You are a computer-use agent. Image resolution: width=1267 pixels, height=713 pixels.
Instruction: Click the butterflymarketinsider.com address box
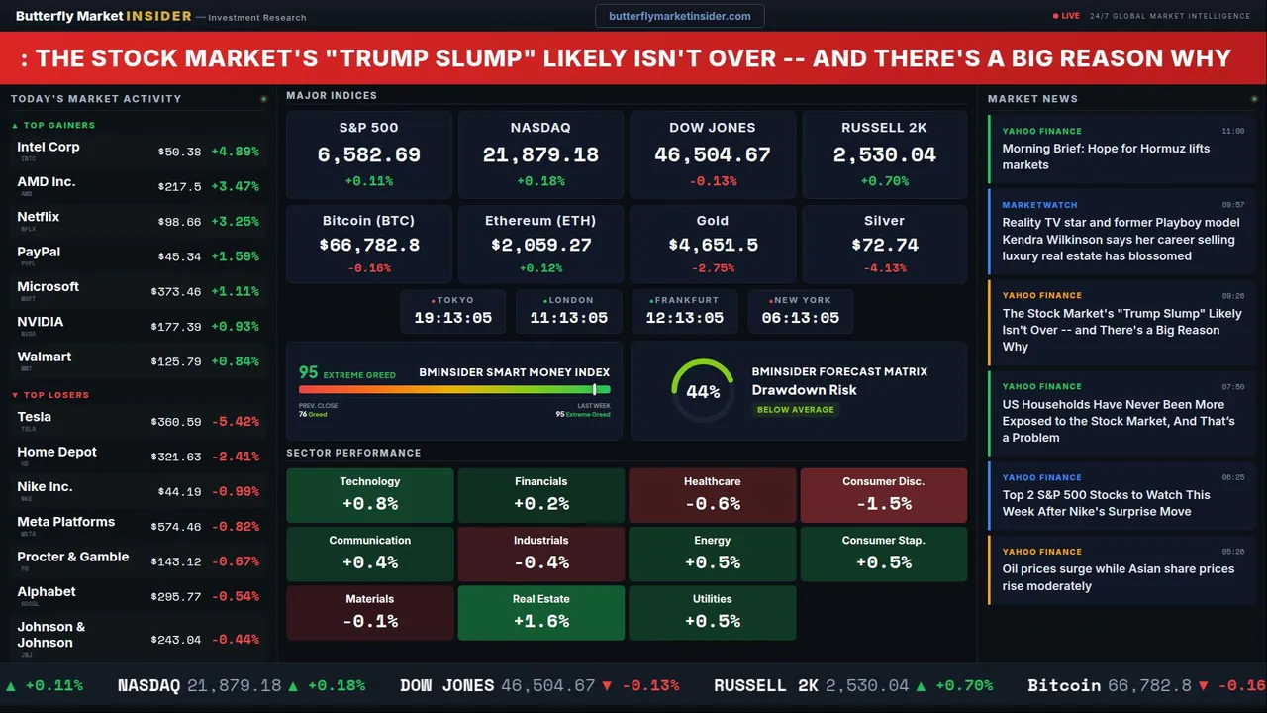pyautogui.click(x=679, y=16)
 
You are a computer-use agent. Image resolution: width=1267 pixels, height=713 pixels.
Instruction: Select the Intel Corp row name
pyautogui.click(x=49, y=147)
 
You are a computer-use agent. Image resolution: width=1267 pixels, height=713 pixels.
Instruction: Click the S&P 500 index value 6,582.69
pyautogui.click(x=368, y=155)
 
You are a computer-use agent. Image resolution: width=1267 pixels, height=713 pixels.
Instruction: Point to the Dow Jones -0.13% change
pyautogui.click(x=713, y=181)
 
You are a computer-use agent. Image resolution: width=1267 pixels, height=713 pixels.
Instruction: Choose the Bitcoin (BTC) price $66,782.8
pyautogui.click(x=368, y=245)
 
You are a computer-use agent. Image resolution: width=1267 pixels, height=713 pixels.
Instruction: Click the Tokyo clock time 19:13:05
pyautogui.click(x=452, y=318)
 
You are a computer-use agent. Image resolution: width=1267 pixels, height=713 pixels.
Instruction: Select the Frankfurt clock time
pyautogui.click(x=684, y=318)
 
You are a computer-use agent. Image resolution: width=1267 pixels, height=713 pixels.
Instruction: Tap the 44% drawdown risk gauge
pyautogui.click(x=702, y=391)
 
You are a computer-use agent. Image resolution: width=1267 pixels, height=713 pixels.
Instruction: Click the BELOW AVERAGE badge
pyautogui.click(x=795, y=409)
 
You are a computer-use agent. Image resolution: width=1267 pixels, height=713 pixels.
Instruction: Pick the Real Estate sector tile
pyautogui.click(x=540, y=612)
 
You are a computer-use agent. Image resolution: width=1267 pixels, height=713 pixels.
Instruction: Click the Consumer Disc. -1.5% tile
pyautogui.click(x=883, y=494)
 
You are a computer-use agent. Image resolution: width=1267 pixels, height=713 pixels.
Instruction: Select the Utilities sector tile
pyautogui.click(x=712, y=612)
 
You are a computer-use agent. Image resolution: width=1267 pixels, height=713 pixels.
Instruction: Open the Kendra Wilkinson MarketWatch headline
pyautogui.click(x=1119, y=240)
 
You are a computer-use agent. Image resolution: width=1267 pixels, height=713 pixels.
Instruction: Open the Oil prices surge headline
pyautogui.click(x=1119, y=577)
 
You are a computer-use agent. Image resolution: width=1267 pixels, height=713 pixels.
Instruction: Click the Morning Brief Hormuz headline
pyautogui.click(x=1106, y=156)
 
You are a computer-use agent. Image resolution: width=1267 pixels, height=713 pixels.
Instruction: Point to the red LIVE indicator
pyautogui.click(x=1067, y=16)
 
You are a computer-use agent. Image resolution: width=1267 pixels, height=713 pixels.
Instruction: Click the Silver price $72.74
pyautogui.click(x=884, y=245)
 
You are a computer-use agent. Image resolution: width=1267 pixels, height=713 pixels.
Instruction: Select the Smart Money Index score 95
pyautogui.click(x=309, y=372)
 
